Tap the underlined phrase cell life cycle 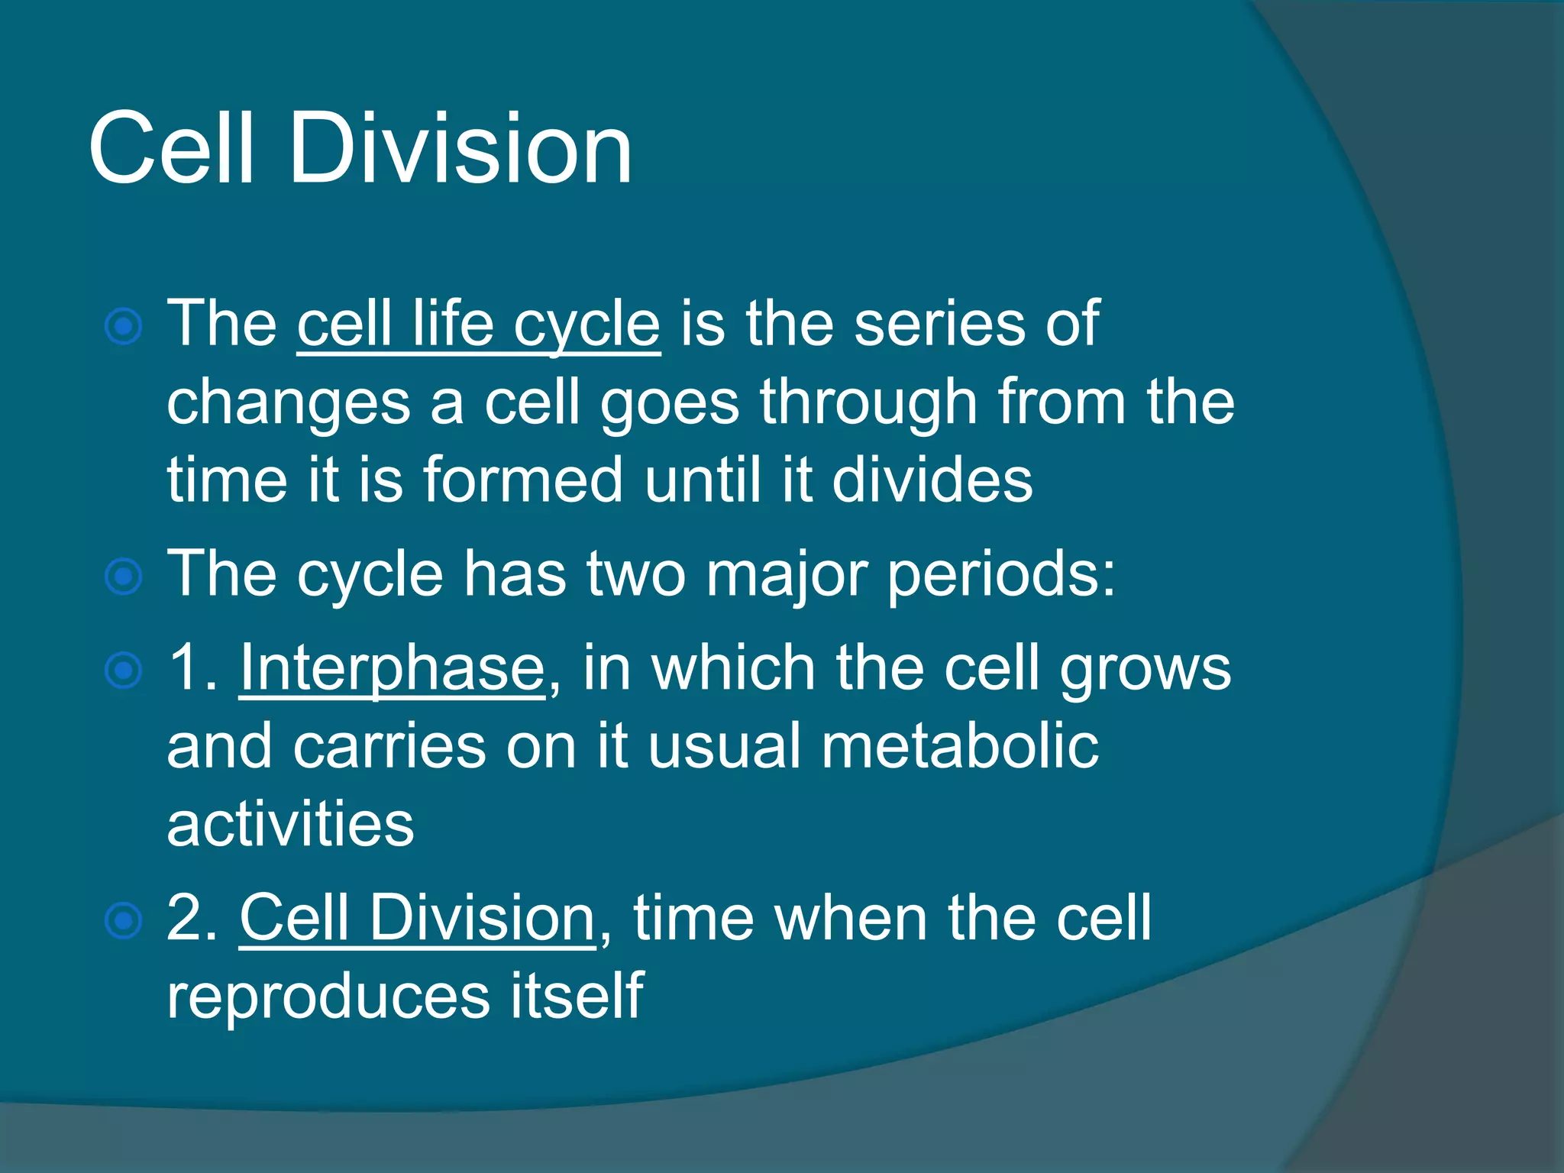tap(478, 325)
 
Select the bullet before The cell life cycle tap(123, 328)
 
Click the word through tap(868, 403)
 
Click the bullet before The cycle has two tap(123, 577)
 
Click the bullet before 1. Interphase tap(123, 671)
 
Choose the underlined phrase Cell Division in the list tap(417, 919)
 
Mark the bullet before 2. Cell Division tap(123, 921)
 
